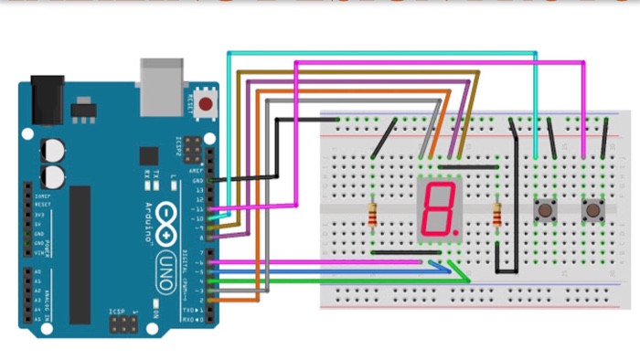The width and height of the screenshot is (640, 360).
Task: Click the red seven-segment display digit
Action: pos(438,209)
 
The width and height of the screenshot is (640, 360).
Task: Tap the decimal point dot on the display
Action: pos(453,232)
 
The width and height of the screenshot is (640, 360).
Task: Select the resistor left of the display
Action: pos(373,216)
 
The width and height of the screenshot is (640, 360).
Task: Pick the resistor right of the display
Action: pos(496,216)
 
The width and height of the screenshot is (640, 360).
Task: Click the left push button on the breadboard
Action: pos(544,212)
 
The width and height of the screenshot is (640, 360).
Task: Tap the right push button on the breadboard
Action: pos(593,212)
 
